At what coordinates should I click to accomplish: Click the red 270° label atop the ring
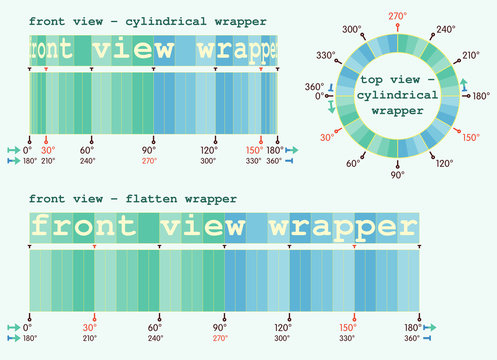(397, 16)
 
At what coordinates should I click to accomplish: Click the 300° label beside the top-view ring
(350, 30)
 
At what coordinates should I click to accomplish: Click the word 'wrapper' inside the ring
(397, 112)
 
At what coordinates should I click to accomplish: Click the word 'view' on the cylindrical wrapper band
(133, 49)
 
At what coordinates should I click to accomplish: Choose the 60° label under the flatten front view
(155, 327)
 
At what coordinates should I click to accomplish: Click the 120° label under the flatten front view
(283, 327)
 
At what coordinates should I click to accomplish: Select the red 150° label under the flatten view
(347, 327)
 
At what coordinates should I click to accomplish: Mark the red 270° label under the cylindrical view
(150, 160)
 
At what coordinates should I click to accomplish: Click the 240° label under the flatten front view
(155, 338)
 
